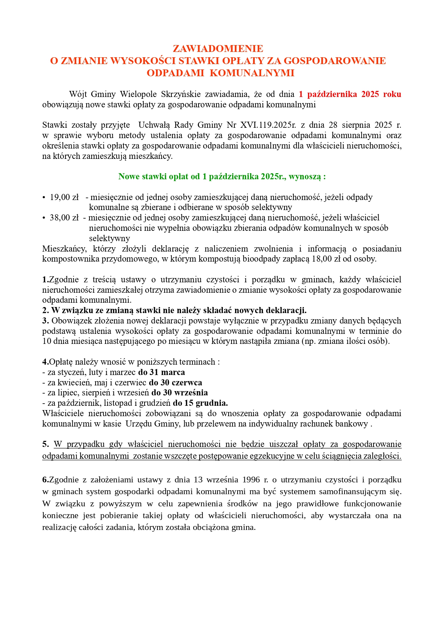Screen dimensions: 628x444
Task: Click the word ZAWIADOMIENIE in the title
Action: [x=218, y=49]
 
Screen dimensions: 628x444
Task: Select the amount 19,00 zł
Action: [x=64, y=197]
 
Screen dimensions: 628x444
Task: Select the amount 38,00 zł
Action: [x=64, y=218]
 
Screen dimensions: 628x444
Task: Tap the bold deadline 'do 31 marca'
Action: [x=161, y=372]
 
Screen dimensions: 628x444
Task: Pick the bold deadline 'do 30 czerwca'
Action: [x=175, y=383]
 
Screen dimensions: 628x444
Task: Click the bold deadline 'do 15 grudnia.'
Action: [x=200, y=403]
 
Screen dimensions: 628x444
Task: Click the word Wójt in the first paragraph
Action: [x=78, y=94]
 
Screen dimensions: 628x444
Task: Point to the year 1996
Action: [x=251, y=479]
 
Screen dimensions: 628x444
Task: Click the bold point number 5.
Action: [x=45, y=444]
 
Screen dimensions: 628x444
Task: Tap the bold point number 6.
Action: [x=45, y=479]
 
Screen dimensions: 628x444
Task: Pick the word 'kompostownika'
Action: [x=67, y=259]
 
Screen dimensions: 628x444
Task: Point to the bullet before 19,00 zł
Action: [x=44, y=198]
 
